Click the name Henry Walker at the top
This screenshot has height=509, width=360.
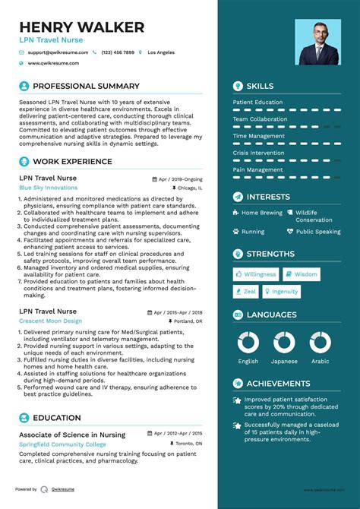[82, 27]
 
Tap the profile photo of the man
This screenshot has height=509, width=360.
[318, 43]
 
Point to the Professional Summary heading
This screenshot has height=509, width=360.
[86, 87]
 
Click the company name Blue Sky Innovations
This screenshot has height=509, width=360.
[49, 187]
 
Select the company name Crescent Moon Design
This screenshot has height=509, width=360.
[50, 321]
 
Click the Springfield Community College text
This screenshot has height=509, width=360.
[63, 443]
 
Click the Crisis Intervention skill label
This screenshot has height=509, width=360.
[258, 153]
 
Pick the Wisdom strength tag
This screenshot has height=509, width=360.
[302, 274]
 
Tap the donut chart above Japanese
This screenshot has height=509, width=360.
[284, 343]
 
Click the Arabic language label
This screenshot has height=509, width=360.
[321, 361]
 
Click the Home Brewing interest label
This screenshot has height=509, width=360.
[261, 213]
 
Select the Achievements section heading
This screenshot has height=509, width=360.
[278, 384]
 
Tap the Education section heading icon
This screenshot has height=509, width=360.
[24, 418]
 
